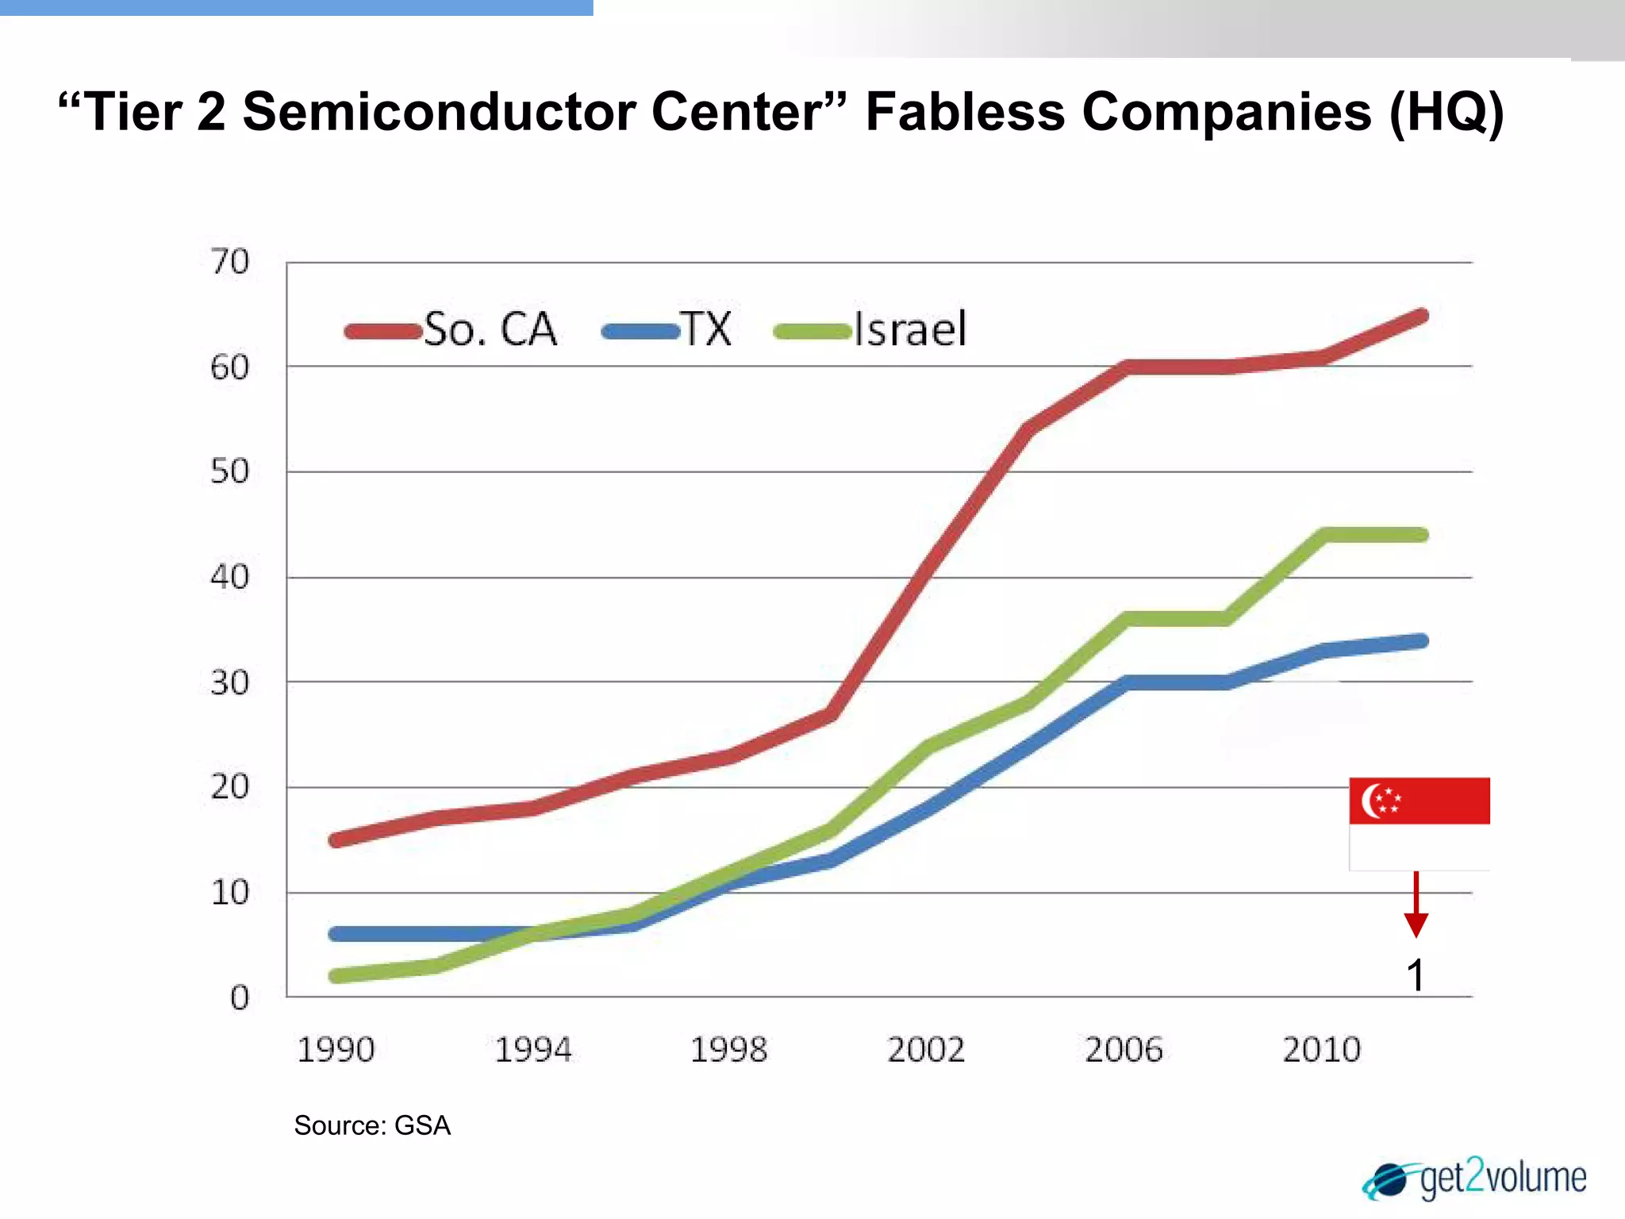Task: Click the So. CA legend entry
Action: (452, 330)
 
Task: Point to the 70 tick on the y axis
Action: (229, 262)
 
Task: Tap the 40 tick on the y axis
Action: (229, 577)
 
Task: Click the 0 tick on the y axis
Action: (239, 998)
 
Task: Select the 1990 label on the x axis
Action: (336, 1050)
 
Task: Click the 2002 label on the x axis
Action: (926, 1050)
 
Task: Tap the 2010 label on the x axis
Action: (1322, 1050)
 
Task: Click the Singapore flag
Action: (1419, 823)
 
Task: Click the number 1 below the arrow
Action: (1416, 975)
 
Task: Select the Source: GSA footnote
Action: (372, 1125)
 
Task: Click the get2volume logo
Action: (1476, 1179)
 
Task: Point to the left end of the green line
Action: (336, 975)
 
